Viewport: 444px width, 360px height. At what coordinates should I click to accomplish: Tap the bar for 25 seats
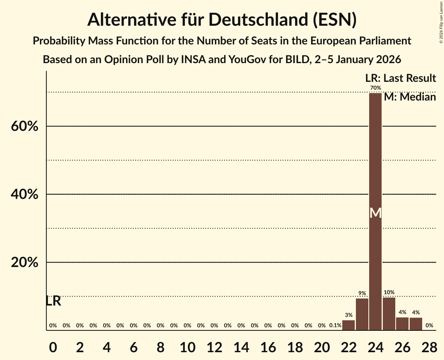[389, 314]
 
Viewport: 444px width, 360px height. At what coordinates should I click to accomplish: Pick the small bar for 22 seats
[348, 325]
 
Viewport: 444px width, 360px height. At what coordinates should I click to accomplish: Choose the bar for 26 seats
[402, 324]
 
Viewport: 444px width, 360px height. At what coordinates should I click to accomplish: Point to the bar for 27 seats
[416, 324]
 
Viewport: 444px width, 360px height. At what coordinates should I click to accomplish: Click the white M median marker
[375, 213]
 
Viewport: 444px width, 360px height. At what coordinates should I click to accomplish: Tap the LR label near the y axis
[53, 301]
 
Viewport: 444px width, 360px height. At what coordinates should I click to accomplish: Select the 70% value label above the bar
[375, 88]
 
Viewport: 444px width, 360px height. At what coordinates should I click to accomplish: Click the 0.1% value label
[335, 325]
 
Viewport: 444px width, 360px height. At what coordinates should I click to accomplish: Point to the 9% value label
[362, 293]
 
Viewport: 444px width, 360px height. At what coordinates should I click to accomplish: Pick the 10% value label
[389, 292]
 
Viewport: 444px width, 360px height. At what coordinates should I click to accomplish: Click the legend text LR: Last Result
[400, 78]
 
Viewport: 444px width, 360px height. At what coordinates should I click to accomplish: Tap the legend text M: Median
[410, 97]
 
